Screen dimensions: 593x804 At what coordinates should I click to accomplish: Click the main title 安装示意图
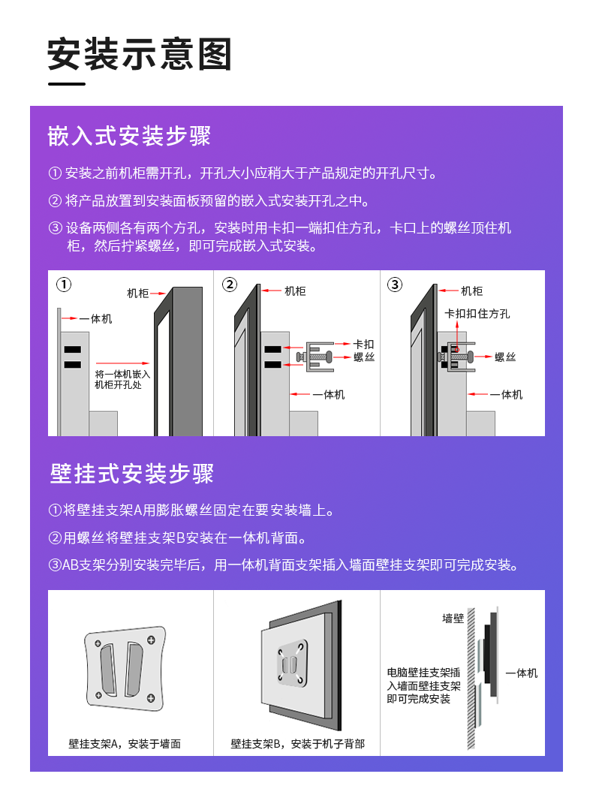click(140, 54)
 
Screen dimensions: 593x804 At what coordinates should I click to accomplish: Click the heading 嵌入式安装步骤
click(129, 137)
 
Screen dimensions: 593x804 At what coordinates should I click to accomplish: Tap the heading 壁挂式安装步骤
click(131, 473)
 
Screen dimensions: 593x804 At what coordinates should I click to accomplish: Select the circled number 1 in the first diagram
click(64, 284)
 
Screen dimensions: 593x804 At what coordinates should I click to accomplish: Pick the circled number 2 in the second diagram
click(230, 284)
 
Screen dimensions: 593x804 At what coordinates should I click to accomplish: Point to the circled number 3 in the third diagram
click(395, 284)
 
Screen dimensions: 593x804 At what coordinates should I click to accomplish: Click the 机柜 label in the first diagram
click(138, 294)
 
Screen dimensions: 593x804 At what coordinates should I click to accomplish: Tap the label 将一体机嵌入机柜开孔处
click(122, 379)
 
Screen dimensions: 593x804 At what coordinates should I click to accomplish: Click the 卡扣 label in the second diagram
click(364, 344)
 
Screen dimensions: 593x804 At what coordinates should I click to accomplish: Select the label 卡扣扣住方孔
click(477, 313)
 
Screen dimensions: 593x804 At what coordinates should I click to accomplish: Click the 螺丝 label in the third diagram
click(505, 357)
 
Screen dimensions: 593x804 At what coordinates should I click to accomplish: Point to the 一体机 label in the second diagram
click(329, 394)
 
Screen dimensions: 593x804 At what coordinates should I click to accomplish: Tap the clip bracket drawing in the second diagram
click(315, 357)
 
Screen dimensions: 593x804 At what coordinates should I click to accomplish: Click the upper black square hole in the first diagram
click(72, 350)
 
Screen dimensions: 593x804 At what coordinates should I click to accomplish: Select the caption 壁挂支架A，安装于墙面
click(125, 743)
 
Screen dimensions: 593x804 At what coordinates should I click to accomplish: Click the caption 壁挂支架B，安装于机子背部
click(297, 743)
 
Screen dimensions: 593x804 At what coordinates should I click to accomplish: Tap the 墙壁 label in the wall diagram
click(453, 619)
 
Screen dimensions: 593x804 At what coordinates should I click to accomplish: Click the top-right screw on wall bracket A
click(151, 640)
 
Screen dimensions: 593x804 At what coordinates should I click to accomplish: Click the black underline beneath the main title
click(67, 83)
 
